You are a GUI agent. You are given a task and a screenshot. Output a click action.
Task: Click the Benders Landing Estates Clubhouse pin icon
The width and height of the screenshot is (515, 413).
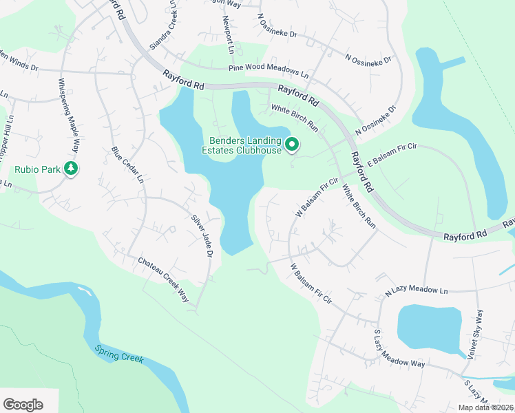coord(292,144)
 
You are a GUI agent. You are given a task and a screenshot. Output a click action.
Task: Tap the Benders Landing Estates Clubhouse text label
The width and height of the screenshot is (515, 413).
coord(241,145)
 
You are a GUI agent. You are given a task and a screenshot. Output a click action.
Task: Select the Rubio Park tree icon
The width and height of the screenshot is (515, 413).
coord(70,168)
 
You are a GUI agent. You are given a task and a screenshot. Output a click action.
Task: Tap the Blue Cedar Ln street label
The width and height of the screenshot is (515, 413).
coord(127,164)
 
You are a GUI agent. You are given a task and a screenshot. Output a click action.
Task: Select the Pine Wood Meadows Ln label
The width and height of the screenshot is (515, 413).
coord(269,70)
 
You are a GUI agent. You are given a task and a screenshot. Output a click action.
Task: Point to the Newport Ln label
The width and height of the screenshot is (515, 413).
coord(229,35)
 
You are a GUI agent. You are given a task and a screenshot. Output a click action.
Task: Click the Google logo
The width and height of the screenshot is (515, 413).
coord(23,404)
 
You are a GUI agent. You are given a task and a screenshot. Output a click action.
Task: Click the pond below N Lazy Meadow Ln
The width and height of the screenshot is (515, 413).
coord(430,328)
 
